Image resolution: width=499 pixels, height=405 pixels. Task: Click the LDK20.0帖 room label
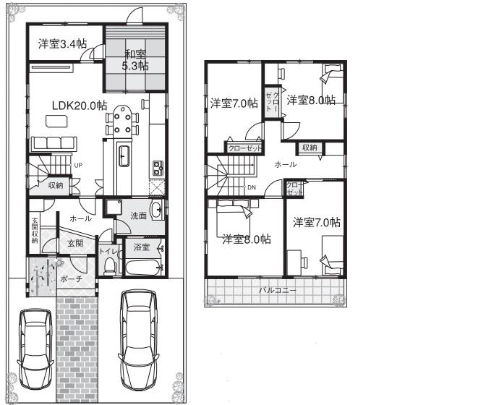(x=79, y=105)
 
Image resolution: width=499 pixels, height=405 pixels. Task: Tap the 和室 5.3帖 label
(x=136, y=59)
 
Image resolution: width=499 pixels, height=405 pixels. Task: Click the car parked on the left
(x=32, y=347)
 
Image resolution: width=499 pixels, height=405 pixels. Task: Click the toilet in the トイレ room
(x=109, y=265)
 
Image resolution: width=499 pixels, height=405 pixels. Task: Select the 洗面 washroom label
(x=139, y=216)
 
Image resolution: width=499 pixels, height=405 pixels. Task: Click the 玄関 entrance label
(x=75, y=244)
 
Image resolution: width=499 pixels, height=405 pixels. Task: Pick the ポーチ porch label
(x=72, y=278)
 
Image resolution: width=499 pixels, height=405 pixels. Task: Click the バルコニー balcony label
(x=278, y=291)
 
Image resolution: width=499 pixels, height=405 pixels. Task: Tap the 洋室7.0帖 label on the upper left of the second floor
(x=234, y=103)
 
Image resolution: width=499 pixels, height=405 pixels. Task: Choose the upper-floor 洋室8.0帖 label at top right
(x=310, y=100)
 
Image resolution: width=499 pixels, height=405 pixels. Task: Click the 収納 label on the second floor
(x=310, y=148)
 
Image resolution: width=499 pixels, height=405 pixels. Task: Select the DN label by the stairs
(x=251, y=187)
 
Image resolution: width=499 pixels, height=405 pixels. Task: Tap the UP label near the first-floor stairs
(x=77, y=166)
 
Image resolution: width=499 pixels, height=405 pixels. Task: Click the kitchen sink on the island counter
(x=124, y=155)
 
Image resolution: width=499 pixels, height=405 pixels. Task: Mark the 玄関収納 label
(x=34, y=230)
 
